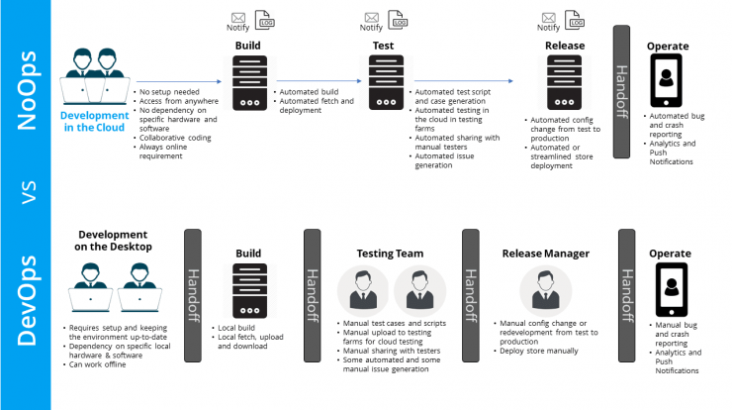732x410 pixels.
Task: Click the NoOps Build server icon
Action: [x=249, y=83]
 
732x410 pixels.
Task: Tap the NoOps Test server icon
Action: [x=386, y=83]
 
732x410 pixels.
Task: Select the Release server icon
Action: [x=565, y=83]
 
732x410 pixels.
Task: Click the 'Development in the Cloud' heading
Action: [x=94, y=122]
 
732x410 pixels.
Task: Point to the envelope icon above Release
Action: [x=549, y=18]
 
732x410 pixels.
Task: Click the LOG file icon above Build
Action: [x=265, y=20]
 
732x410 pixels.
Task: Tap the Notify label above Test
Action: [x=371, y=28]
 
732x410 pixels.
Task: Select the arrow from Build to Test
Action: [x=319, y=81]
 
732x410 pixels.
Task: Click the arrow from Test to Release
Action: [x=464, y=81]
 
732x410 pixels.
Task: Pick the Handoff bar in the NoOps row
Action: [x=621, y=92]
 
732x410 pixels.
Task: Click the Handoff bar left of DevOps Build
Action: [x=193, y=295]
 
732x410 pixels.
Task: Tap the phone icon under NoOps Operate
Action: [x=666, y=80]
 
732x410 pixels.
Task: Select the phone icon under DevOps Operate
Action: [x=672, y=290]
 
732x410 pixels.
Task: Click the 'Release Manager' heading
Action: [x=546, y=254]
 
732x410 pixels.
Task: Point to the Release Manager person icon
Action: [x=545, y=291]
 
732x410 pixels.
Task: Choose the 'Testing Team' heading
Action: [x=391, y=254]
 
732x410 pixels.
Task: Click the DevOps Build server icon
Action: [x=249, y=291]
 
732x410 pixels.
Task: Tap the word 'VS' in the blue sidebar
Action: [x=29, y=192]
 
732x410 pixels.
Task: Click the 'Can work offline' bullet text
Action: [x=98, y=364]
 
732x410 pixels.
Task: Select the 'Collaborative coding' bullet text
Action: [x=175, y=138]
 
